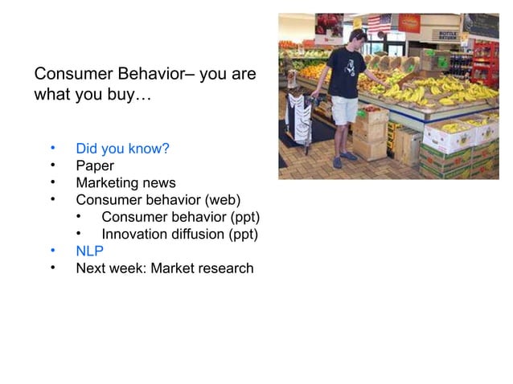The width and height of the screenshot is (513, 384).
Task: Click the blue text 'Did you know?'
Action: (121, 149)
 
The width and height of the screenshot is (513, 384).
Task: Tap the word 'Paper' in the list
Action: (95, 165)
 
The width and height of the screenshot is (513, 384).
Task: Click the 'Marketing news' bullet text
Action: (125, 183)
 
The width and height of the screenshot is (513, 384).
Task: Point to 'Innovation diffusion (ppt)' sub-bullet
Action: (179, 235)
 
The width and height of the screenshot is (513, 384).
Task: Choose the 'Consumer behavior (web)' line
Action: (158, 200)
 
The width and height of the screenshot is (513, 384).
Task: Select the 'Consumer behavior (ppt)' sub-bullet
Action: (180, 218)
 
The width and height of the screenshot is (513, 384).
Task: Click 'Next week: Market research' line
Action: (164, 268)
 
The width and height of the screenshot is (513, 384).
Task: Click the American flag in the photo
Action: (379, 22)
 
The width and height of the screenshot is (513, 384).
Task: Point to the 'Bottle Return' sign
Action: (447, 35)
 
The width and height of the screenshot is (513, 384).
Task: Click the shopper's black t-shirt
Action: (347, 71)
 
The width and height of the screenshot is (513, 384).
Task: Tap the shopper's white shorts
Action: (344, 109)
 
